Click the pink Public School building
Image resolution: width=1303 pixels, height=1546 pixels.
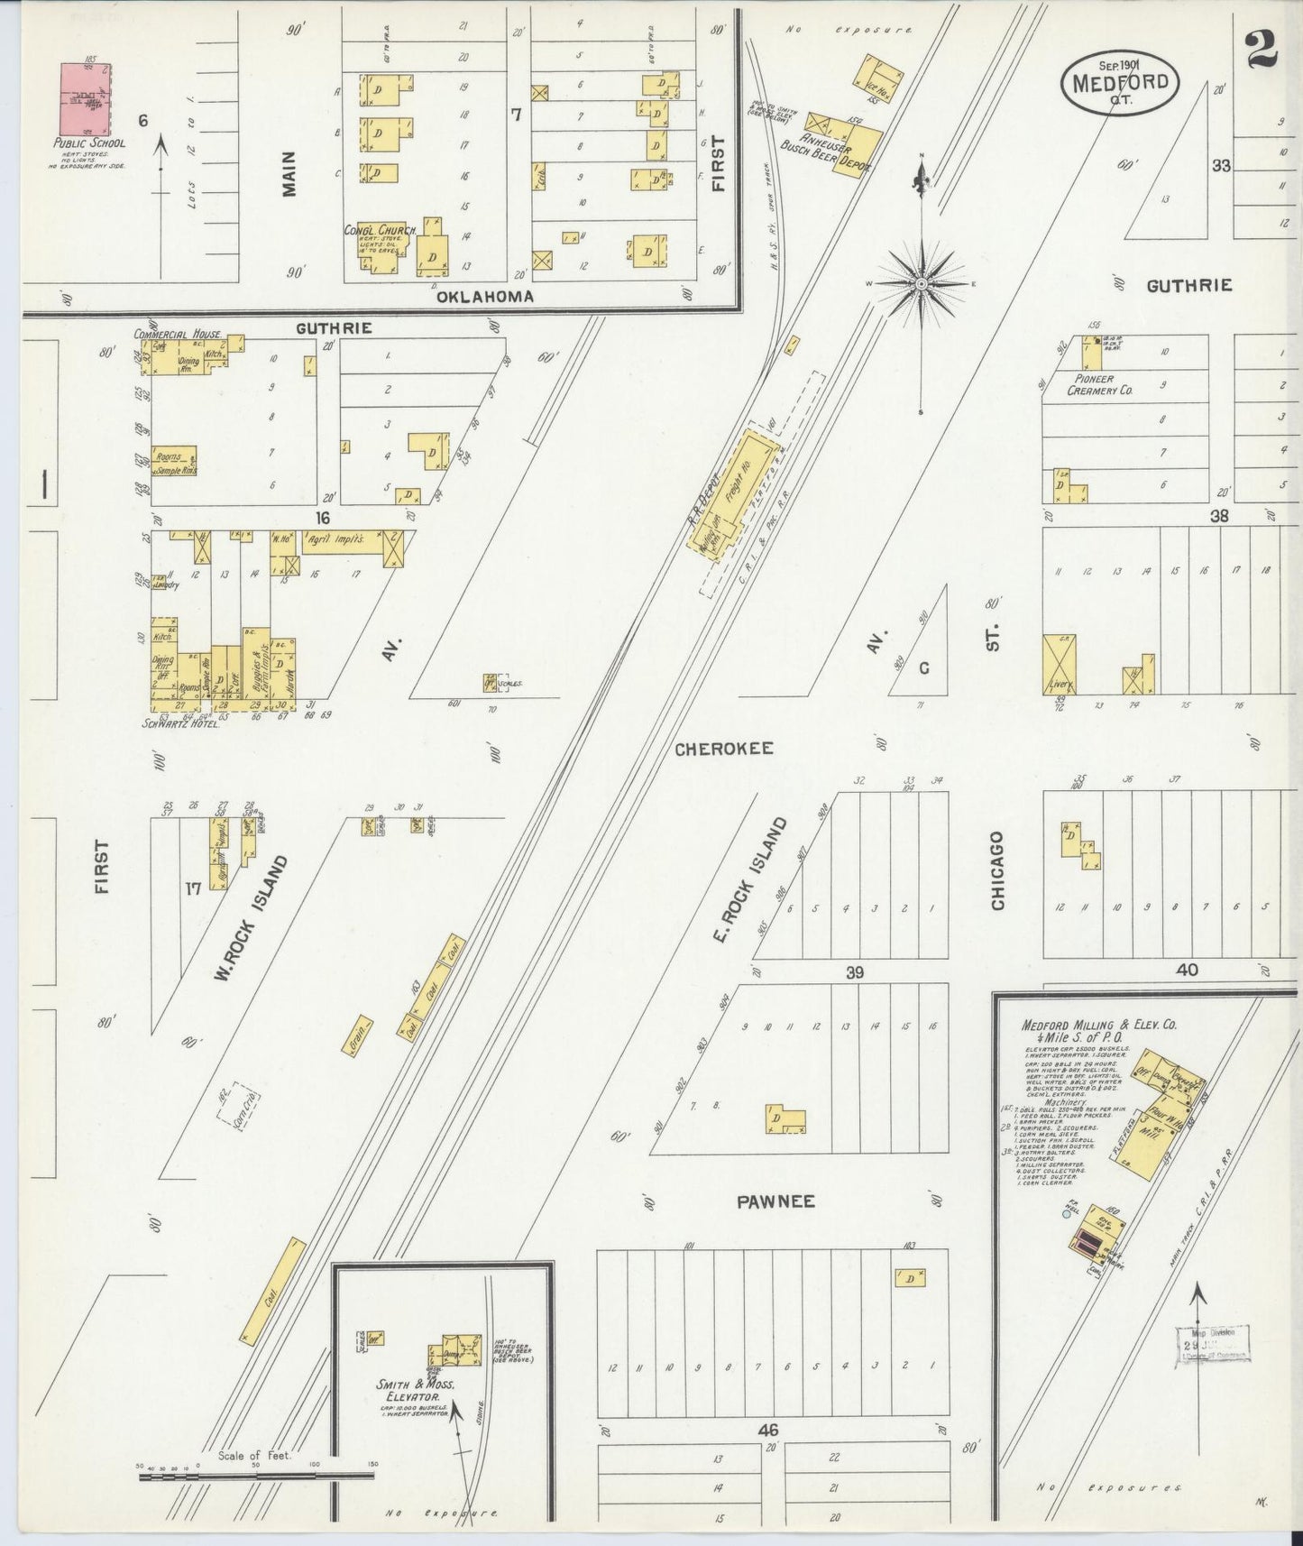[x=86, y=97]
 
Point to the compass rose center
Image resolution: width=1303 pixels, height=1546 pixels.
[x=922, y=284]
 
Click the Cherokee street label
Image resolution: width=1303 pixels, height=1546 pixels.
[x=723, y=749]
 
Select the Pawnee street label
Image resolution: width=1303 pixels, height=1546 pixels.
[x=775, y=1201]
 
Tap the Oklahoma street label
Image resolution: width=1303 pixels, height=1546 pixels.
[x=484, y=297]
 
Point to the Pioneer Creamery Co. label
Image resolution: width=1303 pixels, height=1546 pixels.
[x=1099, y=385]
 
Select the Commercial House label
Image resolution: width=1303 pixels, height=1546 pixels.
[x=179, y=334]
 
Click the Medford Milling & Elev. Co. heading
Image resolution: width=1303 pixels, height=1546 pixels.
[x=1098, y=1026]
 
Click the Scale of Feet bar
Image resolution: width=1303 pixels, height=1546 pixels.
[x=255, y=1477]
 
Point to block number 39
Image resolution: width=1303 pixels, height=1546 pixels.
[x=854, y=971]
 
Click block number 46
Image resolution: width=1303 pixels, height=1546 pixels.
[x=767, y=1430]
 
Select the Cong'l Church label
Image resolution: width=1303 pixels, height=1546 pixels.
[x=379, y=231]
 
